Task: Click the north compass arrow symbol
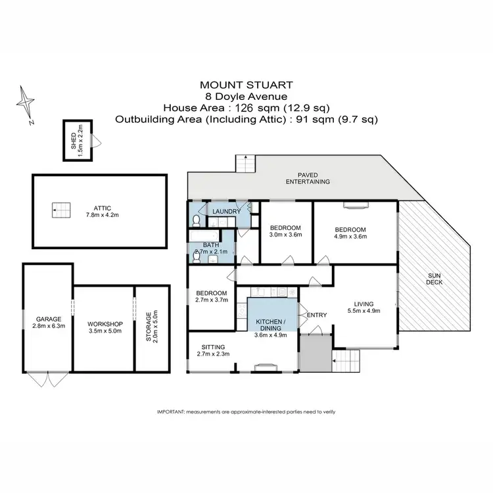coord(26,103)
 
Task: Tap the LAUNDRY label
coord(225,211)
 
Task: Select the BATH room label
coord(210,245)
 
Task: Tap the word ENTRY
coord(317,315)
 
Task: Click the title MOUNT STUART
coord(246,85)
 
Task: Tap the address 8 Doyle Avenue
coord(246,96)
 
